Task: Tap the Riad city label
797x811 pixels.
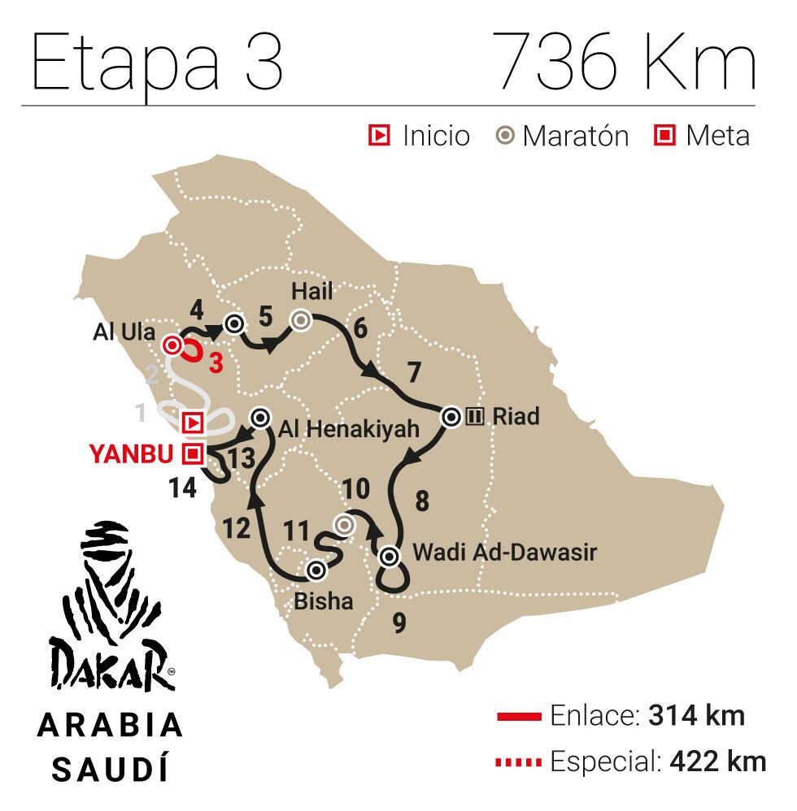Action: point(516,417)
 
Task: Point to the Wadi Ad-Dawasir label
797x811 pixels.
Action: point(504,553)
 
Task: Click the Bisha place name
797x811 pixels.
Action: point(324,601)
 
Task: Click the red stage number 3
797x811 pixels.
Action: point(216,363)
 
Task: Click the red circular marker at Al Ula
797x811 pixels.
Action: point(172,346)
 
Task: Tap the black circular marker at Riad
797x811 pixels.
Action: point(451,418)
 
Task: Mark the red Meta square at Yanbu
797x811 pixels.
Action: point(193,453)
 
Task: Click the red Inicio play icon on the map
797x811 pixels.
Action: point(193,423)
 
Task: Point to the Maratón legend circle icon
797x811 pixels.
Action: point(506,136)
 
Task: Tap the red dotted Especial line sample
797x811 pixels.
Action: point(518,762)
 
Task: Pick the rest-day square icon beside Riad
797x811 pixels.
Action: point(476,418)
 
